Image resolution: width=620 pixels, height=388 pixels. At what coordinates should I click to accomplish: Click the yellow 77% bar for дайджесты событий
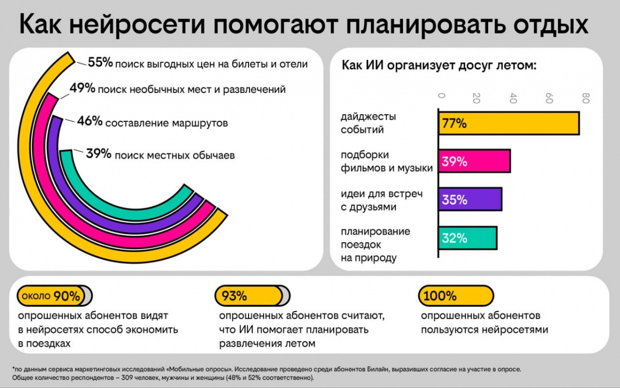(509, 123)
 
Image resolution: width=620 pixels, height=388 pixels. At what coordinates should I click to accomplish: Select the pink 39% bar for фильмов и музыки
(474, 162)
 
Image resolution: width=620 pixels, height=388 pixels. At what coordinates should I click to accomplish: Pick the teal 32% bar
(468, 238)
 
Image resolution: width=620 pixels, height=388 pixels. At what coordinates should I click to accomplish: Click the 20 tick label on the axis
(477, 98)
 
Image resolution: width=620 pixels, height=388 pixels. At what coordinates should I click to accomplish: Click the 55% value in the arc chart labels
(100, 63)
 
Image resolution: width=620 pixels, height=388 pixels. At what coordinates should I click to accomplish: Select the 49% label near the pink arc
(82, 89)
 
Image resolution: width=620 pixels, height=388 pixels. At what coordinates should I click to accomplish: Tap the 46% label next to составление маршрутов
(90, 122)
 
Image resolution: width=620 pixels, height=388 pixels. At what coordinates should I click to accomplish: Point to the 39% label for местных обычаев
(99, 154)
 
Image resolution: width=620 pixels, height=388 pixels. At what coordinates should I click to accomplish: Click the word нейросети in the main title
(167, 25)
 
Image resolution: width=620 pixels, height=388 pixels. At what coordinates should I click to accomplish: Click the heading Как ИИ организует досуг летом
(440, 66)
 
